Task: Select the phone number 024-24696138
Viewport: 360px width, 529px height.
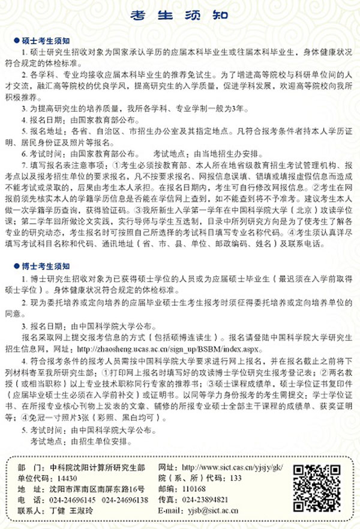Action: click(125, 500)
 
